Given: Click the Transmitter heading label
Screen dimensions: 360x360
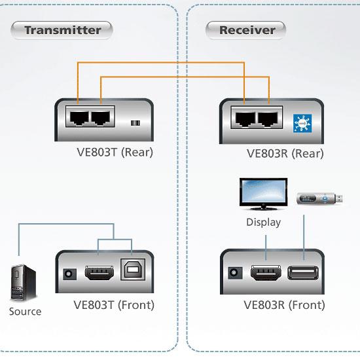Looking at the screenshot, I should pos(62,30).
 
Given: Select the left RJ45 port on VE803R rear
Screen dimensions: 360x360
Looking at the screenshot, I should pos(245,120).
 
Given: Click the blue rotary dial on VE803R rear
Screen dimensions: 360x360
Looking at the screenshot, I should pos(302,122).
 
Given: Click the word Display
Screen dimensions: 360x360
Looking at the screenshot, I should pos(263,223).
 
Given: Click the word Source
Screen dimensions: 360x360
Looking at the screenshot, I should pos(25,312).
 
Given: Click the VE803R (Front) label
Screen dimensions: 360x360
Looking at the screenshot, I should pos(284,305).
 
